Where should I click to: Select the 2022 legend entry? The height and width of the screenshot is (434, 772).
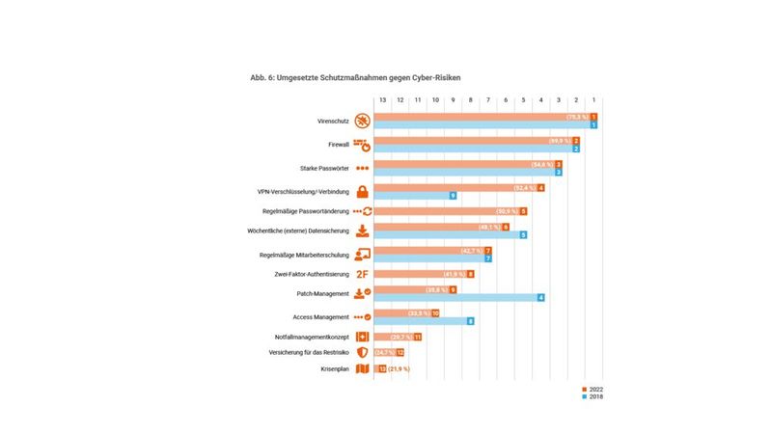(595, 389)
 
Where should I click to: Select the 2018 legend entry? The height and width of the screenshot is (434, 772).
(595, 396)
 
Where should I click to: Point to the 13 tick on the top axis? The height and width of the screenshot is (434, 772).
(382, 99)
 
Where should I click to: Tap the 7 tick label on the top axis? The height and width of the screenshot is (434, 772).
(488, 99)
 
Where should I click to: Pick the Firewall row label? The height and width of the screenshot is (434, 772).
(338, 146)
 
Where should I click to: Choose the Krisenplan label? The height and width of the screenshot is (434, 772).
(335, 368)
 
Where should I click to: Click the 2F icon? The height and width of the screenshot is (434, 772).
(362, 274)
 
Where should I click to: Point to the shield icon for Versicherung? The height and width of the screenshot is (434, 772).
(362, 353)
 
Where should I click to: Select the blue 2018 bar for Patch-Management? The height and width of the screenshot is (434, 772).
(454, 298)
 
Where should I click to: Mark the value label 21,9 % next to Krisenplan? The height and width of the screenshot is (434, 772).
(400, 368)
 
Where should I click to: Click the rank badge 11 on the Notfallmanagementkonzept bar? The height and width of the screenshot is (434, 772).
(418, 337)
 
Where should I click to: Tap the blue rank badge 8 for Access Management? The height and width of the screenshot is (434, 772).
(471, 321)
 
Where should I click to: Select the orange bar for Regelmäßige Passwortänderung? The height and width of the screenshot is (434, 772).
(444, 211)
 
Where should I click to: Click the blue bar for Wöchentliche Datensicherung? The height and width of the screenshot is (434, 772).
(444, 234)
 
